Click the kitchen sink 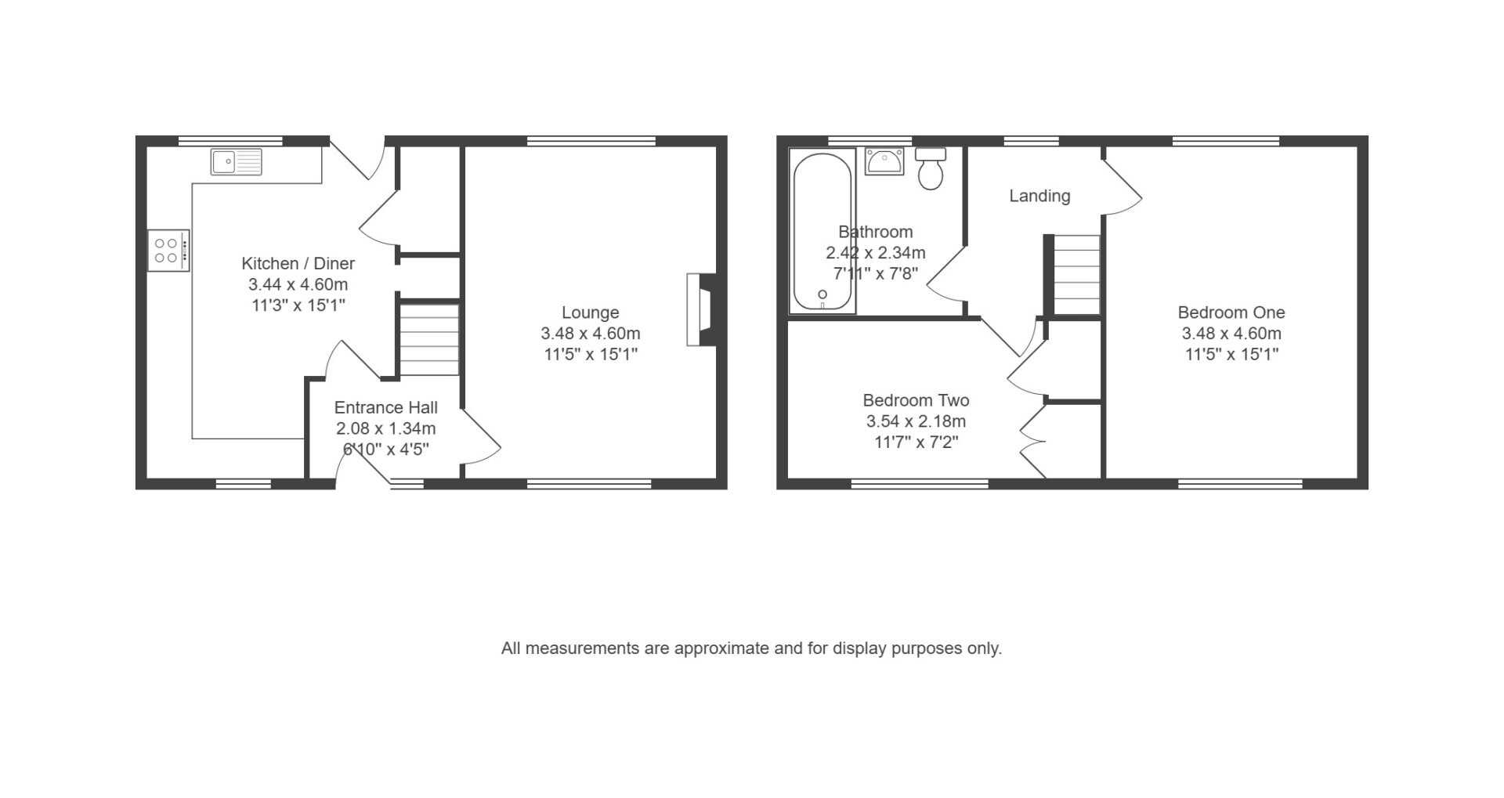tap(237, 161)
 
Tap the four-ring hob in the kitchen tap(168, 250)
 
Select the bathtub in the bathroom tap(822, 230)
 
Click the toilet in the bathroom tap(931, 168)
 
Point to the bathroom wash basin tap(884, 161)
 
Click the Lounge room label tap(591, 312)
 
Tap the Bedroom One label tap(1231, 312)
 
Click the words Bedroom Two tap(916, 400)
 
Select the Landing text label tap(1039, 196)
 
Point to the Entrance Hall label tap(386, 407)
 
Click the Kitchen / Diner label tap(298, 263)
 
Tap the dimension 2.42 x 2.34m tap(876, 253)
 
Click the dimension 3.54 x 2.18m tap(916, 421)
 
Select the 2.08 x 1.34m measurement tap(386, 428)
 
